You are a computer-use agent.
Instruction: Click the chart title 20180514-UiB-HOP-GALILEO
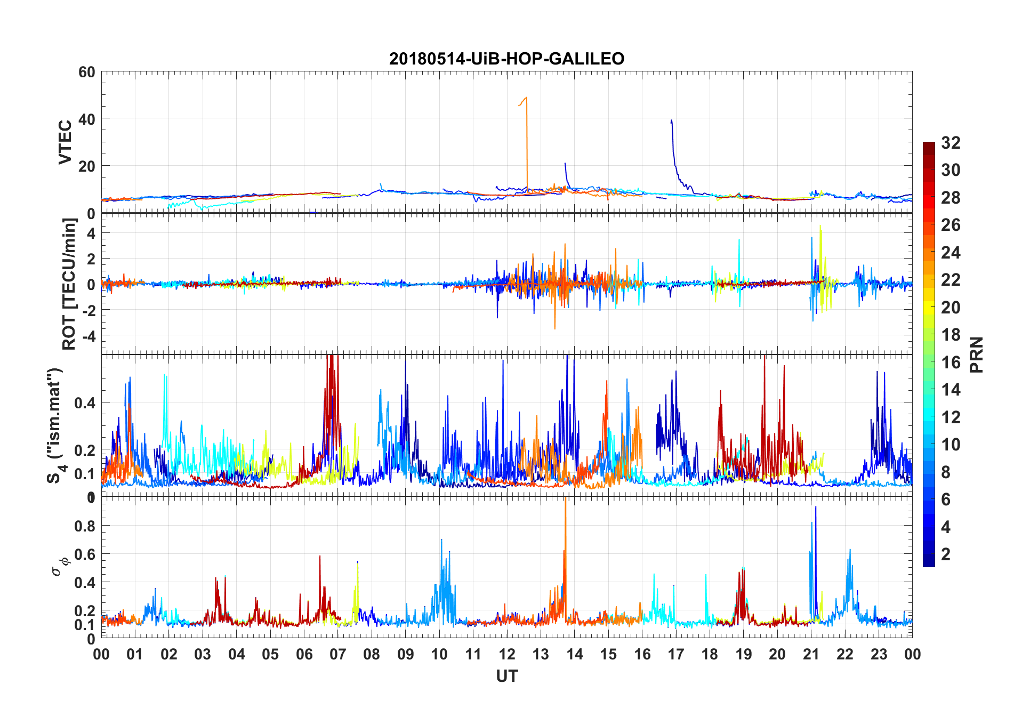506,58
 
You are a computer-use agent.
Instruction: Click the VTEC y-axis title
65,142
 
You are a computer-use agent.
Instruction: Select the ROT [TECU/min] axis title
69,284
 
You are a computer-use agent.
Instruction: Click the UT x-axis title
506,676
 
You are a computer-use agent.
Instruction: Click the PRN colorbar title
976,354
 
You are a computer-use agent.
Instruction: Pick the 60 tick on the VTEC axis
86,72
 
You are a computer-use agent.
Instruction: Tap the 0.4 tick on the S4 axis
84,403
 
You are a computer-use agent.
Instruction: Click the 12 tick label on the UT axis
507,654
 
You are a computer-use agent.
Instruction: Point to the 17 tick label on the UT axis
676,654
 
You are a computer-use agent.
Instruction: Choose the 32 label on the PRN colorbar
951,143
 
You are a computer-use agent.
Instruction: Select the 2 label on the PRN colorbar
946,554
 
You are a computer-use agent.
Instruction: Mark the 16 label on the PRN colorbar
951,362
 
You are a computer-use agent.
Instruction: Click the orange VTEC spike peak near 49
527,98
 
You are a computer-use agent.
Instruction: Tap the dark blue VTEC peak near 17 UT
671,120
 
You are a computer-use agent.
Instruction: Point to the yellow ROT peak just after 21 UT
820,226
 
